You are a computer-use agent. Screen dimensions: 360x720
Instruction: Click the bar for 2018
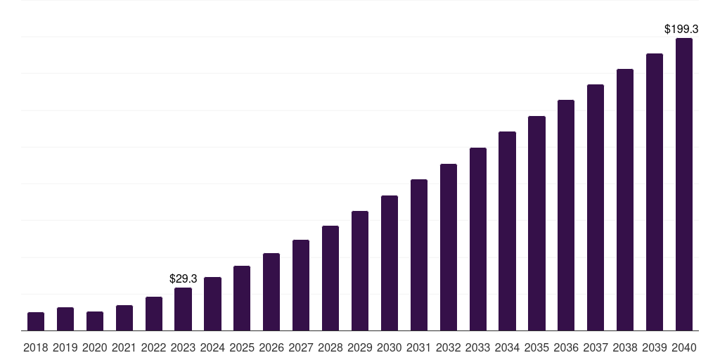pyautogui.click(x=36, y=321)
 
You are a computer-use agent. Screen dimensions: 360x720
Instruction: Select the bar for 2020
pyautogui.click(x=95, y=321)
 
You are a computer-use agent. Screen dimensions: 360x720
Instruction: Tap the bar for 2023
pyautogui.click(x=183, y=309)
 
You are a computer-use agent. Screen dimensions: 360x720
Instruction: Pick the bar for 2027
pyautogui.click(x=301, y=285)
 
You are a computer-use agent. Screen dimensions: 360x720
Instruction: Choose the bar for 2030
pyautogui.click(x=390, y=263)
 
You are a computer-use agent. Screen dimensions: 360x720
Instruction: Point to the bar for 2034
pyautogui.click(x=507, y=231)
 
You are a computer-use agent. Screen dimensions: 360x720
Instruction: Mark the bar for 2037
pyautogui.click(x=596, y=207)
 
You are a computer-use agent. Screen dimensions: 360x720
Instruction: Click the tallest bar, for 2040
pyautogui.click(x=683, y=184)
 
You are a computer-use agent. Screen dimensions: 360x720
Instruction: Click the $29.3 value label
pyautogui.click(x=184, y=279)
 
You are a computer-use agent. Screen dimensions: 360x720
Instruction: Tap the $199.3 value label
pyautogui.click(x=681, y=30)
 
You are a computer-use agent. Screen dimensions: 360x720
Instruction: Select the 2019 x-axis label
pyautogui.click(x=65, y=347)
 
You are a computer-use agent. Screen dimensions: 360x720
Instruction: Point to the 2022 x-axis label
pyautogui.click(x=153, y=347)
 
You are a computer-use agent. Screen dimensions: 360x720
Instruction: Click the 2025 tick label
pyautogui.click(x=242, y=347)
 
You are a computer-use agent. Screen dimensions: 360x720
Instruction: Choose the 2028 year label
pyautogui.click(x=330, y=347)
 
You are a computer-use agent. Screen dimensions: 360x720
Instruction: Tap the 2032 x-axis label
pyautogui.click(x=448, y=347)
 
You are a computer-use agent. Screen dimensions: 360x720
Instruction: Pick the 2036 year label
pyautogui.click(x=566, y=347)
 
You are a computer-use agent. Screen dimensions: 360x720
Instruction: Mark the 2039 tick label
pyautogui.click(x=654, y=347)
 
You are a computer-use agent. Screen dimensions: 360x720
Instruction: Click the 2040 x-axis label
pyautogui.click(x=683, y=347)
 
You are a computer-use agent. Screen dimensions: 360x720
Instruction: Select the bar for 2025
pyautogui.click(x=242, y=298)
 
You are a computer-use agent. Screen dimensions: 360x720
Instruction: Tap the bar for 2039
pyautogui.click(x=655, y=192)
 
